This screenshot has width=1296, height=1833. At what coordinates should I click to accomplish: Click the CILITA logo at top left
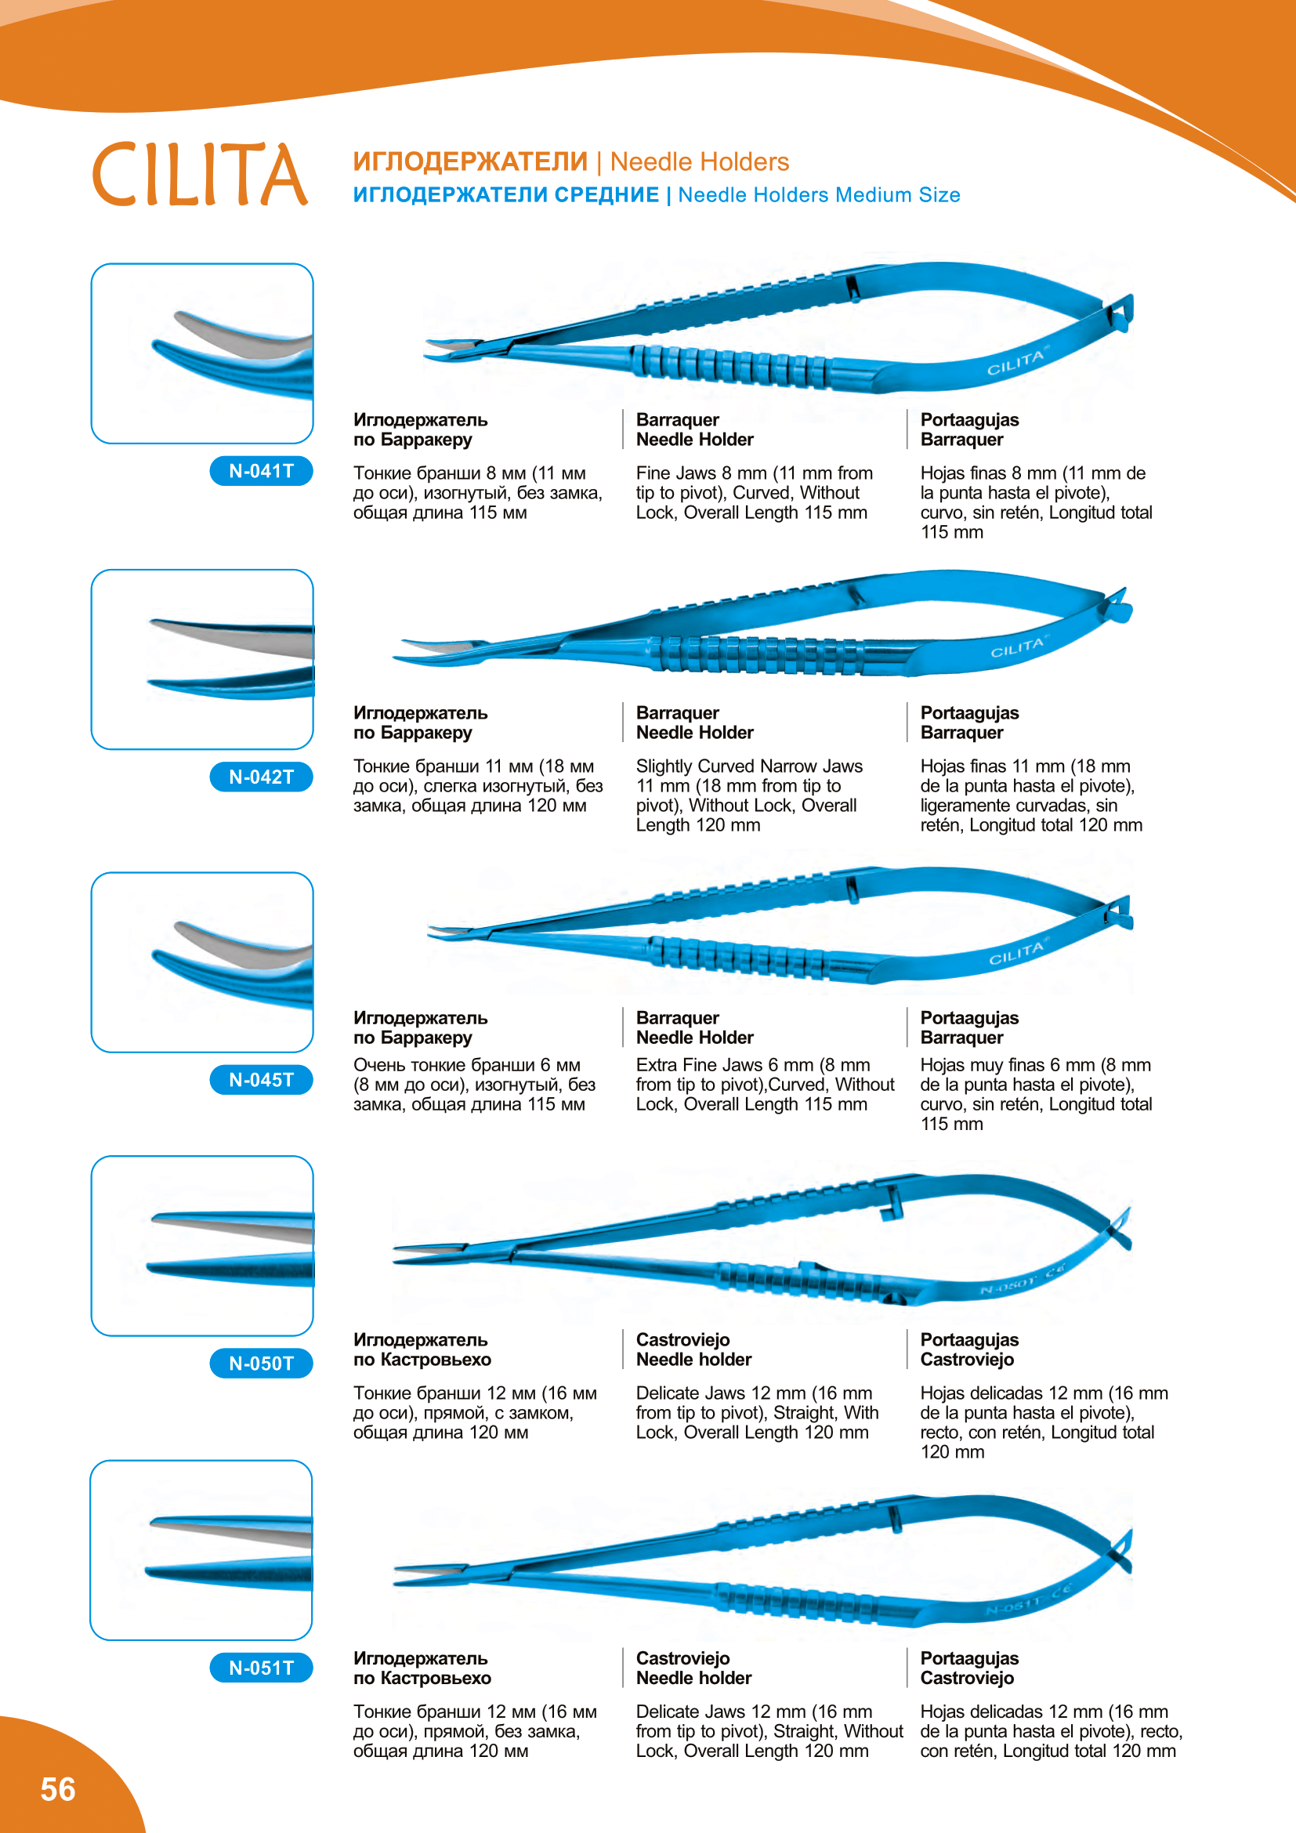200,174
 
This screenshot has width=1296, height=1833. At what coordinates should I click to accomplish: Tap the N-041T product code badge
261,471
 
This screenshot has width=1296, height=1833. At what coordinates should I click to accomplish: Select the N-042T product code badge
261,777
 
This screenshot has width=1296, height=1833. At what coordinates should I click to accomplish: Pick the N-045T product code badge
261,1080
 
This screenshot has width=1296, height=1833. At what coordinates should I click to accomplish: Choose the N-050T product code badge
261,1364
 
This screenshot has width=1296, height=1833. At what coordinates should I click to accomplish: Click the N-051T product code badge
261,1668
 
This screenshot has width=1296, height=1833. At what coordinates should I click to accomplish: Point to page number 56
57,1789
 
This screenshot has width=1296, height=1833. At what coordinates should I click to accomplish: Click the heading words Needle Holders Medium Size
819,196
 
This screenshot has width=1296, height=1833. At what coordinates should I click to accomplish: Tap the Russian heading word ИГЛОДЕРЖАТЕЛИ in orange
470,162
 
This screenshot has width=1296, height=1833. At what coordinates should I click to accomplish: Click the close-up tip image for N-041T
202,353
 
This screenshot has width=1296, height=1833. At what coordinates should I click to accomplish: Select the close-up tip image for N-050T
202,1245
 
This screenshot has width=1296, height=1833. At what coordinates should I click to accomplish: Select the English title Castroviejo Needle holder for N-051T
693,1668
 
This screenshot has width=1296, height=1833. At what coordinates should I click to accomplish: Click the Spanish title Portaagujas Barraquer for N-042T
968,723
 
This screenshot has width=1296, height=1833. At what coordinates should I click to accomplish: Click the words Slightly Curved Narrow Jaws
748,766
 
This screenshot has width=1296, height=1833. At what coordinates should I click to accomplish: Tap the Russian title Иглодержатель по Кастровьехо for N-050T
422,1349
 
